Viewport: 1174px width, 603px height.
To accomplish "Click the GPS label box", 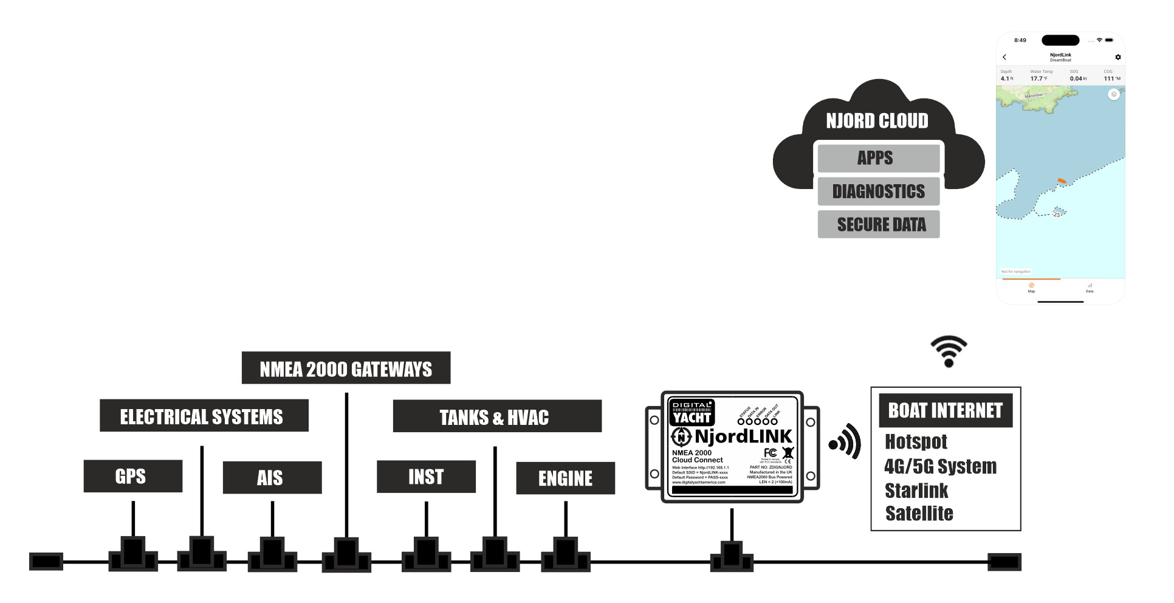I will pyautogui.click(x=132, y=476).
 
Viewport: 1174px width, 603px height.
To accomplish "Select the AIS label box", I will pyautogui.click(x=272, y=477).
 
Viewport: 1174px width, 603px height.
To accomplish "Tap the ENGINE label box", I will pyautogui.click(x=565, y=478).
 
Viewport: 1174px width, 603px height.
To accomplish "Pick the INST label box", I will pyautogui.click(x=426, y=477).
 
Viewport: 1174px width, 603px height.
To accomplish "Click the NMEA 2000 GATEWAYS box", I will pyautogui.click(x=346, y=368).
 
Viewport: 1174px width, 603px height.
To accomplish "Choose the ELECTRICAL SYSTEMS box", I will pyautogui.click(x=204, y=416).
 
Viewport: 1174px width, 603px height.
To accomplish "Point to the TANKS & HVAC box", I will pyautogui.click(x=496, y=417).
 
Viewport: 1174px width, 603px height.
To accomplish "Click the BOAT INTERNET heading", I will pyautogui.click(x=945, y=410).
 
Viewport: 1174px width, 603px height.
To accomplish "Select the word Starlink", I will pyautogui.click(x=916, y=491).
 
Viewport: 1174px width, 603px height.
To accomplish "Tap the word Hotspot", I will pyautogui.click(x=916, y=441).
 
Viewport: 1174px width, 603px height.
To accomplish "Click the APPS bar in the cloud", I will pyautogui.click(x=878, y=158).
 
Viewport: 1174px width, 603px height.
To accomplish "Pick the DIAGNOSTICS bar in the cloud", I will pyautogui.click(x=878, y=191).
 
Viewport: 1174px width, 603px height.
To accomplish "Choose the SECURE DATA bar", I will pyautogui.click(x=878, y=224).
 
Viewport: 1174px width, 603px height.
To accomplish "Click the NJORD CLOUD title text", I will pyautogui.click(x=877, y=121).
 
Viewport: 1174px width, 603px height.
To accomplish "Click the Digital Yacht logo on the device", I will pyautogui.click(x=692, y=412).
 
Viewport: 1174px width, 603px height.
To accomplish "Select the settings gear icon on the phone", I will pyautogui.click(x=1117, y=57).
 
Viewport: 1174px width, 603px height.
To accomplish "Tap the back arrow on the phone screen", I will pyautogui.click(x=1004, y=57).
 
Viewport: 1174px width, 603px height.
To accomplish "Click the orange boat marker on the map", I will pyautogui.click(x=1062, y=181).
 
